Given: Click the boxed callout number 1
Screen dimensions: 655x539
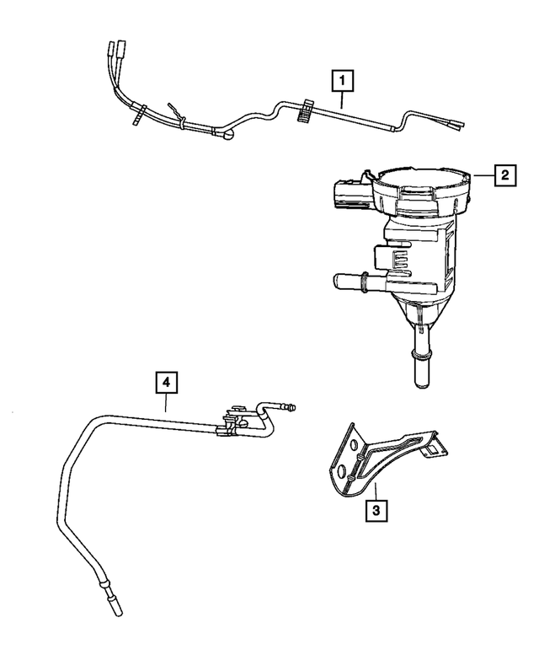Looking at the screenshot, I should pyautogui.click(x=341, y=82).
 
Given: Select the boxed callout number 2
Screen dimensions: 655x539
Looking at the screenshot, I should pyautogui.click(x=504, y=175).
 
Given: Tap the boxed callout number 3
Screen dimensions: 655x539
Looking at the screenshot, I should pyautogui.click(x=376, y=509).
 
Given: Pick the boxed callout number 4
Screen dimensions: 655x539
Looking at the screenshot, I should pyautogui.click(x=166, y=383).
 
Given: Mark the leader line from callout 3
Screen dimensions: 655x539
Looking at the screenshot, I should pyautogui.click(x=376, y=491).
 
